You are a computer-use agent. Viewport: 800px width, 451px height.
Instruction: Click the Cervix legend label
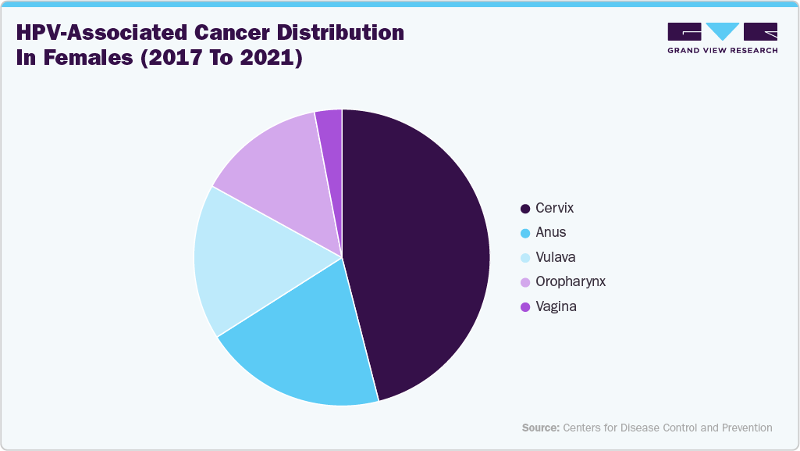tap(554, 208)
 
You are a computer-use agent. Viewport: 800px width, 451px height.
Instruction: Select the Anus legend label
tap(551, 232)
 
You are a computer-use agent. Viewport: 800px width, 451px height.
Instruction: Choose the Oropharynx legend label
tap(570, 281)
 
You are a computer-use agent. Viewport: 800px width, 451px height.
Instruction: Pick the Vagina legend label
tap(556, 306)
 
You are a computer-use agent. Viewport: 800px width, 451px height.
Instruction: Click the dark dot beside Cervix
tap(525, 209)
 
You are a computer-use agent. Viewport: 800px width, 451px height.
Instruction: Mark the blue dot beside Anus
tap(525, 233)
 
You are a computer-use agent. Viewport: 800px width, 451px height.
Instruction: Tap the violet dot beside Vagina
tap(525, 307)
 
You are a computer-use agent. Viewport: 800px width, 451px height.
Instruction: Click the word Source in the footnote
tap(540, 428)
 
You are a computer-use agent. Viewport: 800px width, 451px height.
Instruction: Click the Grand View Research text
tap(722, 51)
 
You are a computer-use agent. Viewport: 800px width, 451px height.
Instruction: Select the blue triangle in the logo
tap(722, 30)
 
